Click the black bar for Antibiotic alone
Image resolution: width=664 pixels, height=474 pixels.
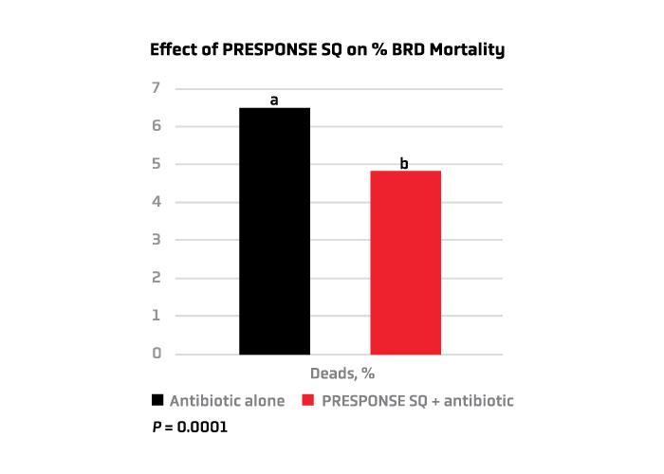pyautogui.click(x=274, y=231)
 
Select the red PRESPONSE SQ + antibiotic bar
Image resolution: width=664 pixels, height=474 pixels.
pyautogui.click(x=405, y=263)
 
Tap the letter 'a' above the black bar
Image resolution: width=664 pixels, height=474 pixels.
pyautogui.click(x=274, y=100)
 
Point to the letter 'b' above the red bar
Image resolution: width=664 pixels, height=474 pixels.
pyautogui.click(x=404, y=163)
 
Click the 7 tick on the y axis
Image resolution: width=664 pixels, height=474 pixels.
pyautogui.click(x=157, y=88)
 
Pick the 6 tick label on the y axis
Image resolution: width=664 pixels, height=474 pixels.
pyautogui.click(x=157, y=126)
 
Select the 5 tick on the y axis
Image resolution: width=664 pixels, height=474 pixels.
pyautogui.click(x=157, y=164)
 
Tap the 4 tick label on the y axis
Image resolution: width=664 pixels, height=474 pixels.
pyautogui.click(x=157, y=202)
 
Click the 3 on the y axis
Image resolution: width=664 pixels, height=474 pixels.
pyautogui.click(x=157, y=240)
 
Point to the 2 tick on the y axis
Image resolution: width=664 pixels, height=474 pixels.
pyautogui.click(x=157, y=278)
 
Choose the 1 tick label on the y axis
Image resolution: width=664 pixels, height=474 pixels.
pyautogui.click(x=157, y=316)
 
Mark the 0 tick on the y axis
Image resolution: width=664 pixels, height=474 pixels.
pyautogui.click(x=157, y=354)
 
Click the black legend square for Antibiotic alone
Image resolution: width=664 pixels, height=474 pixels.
pyautogui.click(x=157, y=401)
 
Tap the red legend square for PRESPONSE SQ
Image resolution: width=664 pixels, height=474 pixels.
pyautogui.click(x=308, y=401)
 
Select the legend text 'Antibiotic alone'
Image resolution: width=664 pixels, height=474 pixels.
pyautogui.click(x=227, y=401)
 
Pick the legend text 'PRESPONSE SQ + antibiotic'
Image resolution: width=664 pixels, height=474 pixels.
pyautogui.click(x=417, y=401)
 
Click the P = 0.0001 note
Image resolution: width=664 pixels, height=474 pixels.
pyautogui.click(x=190, y=428)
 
